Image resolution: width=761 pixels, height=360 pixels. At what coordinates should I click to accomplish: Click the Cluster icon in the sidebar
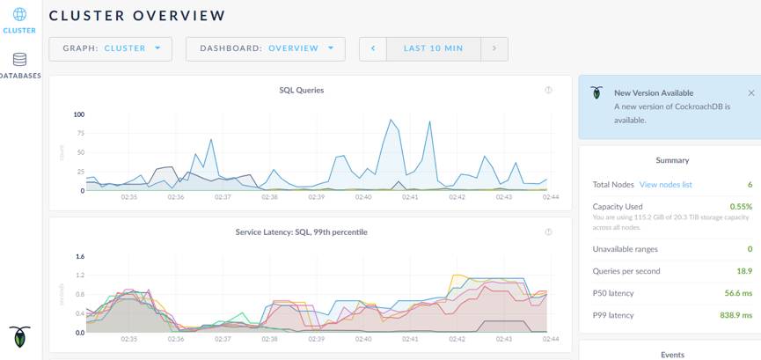pos(19,16)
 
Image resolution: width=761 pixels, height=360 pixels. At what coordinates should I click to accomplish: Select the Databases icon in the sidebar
pos(19,60)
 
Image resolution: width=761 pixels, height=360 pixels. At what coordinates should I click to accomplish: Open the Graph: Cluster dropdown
pos(110,48)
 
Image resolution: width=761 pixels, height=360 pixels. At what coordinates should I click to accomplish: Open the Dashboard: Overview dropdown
pos(266,48)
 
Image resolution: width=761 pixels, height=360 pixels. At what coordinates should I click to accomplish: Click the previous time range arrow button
pos(373,48)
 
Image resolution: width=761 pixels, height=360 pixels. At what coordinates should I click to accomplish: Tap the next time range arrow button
pos(494,48)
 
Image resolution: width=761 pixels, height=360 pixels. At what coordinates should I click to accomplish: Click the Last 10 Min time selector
pos(433,48)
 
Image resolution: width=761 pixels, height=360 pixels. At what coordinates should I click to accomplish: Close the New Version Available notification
pos(750,92)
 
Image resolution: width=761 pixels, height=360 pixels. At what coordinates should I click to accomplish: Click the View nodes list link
pos(666,185)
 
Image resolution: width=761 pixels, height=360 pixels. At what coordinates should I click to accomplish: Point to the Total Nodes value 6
pos(750,185)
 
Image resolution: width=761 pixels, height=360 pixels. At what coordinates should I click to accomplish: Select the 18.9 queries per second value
pos(743,271)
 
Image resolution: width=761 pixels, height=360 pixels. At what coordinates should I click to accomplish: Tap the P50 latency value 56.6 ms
pos(738,293)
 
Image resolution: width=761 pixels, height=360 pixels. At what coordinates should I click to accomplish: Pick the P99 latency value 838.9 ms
pos(736,314)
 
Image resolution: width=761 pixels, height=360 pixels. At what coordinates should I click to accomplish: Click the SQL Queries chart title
pos(302,90)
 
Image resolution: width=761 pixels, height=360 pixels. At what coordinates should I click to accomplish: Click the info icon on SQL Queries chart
pos(548,90)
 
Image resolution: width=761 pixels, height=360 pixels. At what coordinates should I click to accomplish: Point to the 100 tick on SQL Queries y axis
pos(78,114)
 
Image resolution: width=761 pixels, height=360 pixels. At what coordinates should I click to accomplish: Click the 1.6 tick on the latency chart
pos(79,257)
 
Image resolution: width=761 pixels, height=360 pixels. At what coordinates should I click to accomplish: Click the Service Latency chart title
pos(302,232)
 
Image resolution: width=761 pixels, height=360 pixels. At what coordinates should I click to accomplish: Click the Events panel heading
pos(672,354)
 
